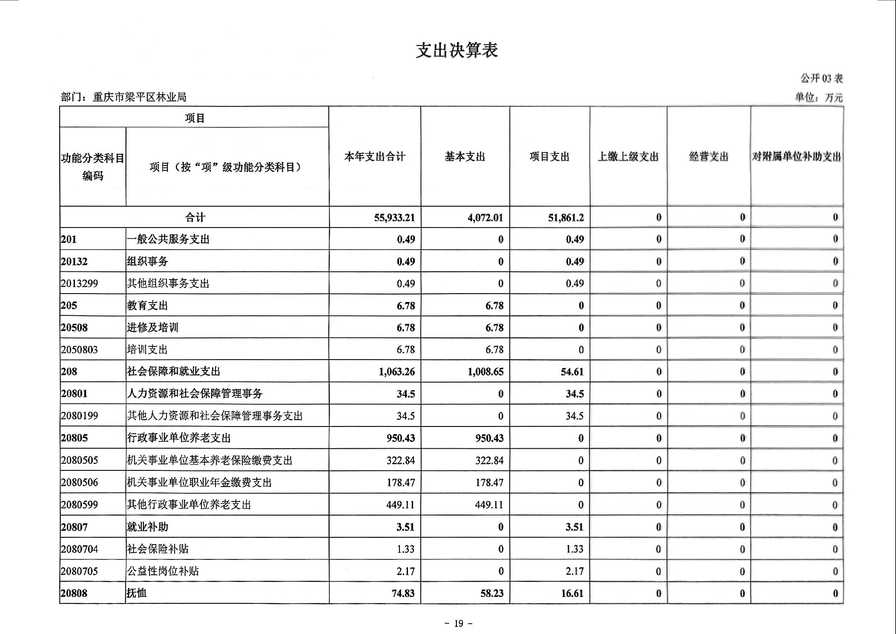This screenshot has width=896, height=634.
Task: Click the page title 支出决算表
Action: click(457, 50)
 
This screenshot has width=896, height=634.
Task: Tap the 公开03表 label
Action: click(821, 78)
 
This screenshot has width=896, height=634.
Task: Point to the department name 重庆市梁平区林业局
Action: click(140, 97)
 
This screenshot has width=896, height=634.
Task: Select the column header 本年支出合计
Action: click(375, 157)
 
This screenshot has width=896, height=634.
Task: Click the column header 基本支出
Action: click(465, 157)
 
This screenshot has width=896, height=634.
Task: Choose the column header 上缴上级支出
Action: click(628, 157)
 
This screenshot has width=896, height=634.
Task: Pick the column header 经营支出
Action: click(709, 157)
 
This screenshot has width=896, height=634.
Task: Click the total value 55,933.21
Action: click(394, 218)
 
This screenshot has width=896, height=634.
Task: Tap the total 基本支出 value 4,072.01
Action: click(485, 218)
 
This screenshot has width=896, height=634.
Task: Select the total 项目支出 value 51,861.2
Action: click(566, 218)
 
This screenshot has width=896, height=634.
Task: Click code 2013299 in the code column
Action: click(79, 283)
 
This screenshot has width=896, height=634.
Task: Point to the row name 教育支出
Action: click(147, 305)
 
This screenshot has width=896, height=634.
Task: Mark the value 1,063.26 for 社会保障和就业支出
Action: click(396, 372)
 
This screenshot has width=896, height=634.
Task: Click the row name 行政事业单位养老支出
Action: click(179, 438)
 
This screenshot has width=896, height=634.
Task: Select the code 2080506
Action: click(79, 482)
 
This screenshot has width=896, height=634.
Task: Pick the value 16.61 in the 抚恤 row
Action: click(572, 593)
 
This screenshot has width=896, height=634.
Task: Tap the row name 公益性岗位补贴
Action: click(163, 571)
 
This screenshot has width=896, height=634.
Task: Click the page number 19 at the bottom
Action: click(458, 623)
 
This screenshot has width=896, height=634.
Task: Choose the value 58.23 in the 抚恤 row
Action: click(492, 593)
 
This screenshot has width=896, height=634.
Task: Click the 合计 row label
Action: click(195, 218)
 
